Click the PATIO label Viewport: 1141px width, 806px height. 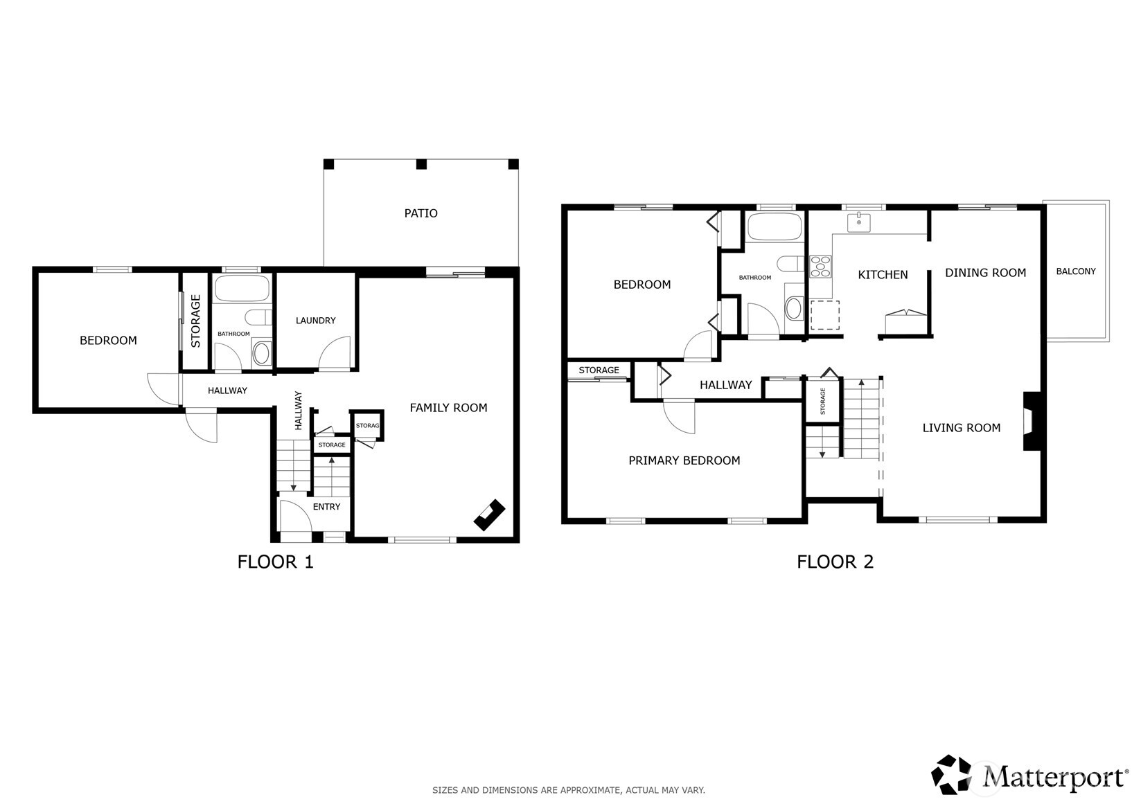point(421,213)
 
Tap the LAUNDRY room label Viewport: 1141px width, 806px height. point(316,321)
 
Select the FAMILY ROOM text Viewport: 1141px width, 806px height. point(448,408)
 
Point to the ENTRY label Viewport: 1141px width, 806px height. point(326,507)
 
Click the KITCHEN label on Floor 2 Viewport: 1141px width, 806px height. point(883,275)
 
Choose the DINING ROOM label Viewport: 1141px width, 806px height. point(986,273)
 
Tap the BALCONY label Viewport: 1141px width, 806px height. point(1076,271)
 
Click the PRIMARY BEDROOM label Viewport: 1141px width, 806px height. point(684,460)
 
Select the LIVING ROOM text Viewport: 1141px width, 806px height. point(961,428)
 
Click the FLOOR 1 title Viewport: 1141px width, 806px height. point(275,562)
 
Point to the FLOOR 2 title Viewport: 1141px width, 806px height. point(835,562)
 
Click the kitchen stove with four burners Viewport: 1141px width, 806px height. point(820,267)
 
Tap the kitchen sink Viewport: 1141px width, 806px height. point(859,223)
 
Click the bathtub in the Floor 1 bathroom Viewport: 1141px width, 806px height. point(242,289)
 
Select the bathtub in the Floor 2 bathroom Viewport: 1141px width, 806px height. point(775,226)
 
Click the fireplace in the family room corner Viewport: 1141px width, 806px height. point(490,515)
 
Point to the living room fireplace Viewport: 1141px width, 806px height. point(1032,421)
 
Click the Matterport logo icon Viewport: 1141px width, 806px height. point(951,774)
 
